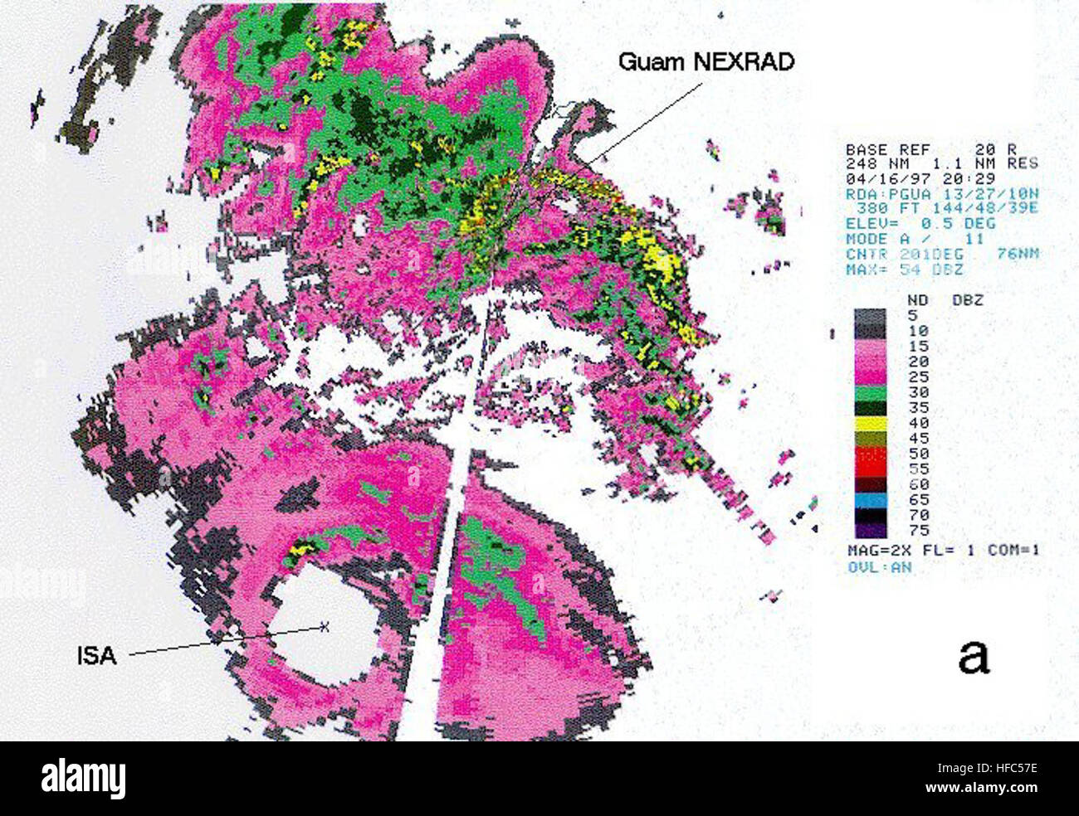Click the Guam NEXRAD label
(x=706, y=61)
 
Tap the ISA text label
(x=96, y=656)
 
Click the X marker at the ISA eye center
(x=325, y=627)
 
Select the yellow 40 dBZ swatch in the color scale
(x=871, y=423)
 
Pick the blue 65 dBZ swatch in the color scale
(x=871, y=500)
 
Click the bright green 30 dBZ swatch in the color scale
(x=871, y=392)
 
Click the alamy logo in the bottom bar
(x=84, y=779)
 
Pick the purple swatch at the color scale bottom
(x=871, y=530)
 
